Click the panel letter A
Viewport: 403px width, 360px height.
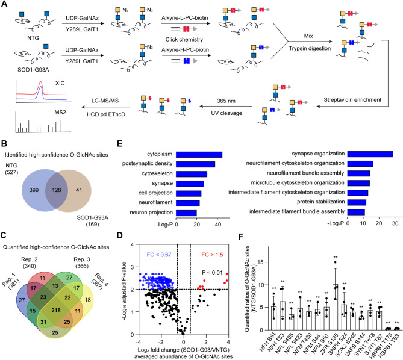pyautogui.click(x=4, y=5)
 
